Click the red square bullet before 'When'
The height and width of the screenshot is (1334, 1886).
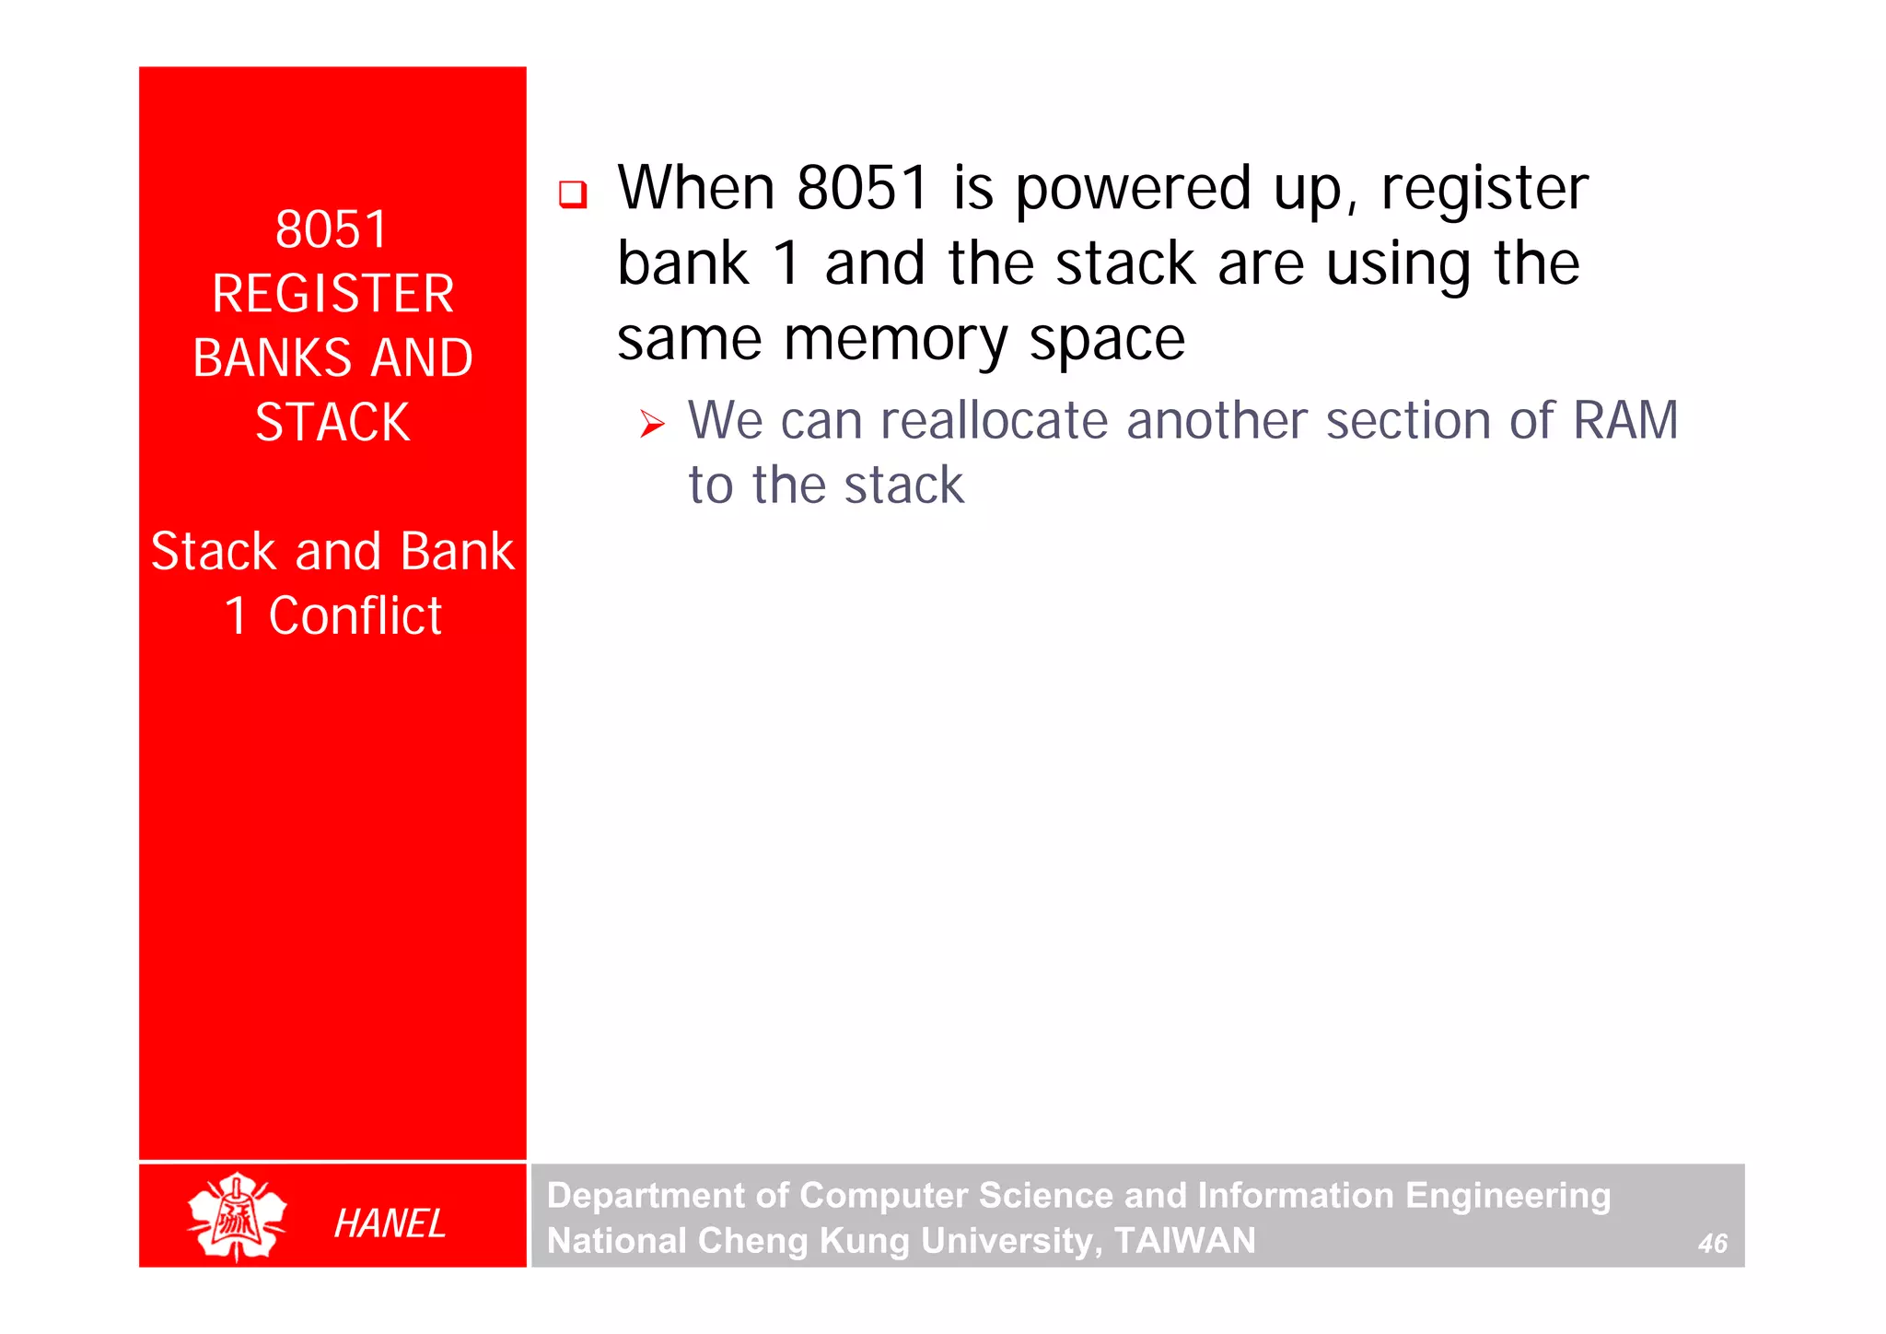[573, 194]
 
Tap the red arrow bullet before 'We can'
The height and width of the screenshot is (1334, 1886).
[652, 425]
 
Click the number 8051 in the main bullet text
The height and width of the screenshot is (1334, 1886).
[862, 189]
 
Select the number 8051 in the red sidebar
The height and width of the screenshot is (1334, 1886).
[332, 229]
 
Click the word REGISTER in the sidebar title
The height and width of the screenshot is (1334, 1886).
[332, 294]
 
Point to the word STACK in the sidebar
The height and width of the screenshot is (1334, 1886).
[332, 423]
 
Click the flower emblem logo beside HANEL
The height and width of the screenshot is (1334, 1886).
[237, 1216]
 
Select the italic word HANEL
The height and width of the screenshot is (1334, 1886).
[390, 1223]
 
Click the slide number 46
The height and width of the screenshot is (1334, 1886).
[1712, 1244]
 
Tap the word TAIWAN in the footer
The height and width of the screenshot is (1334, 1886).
[1184, 1241]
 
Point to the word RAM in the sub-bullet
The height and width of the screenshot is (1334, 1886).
[1625, 421]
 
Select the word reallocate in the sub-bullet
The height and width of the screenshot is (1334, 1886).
[994, 421]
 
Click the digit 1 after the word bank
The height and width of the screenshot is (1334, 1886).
[787, 264]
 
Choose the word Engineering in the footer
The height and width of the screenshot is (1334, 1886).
[1508, 1196]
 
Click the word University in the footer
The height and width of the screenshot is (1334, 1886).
[1007, 1241]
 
